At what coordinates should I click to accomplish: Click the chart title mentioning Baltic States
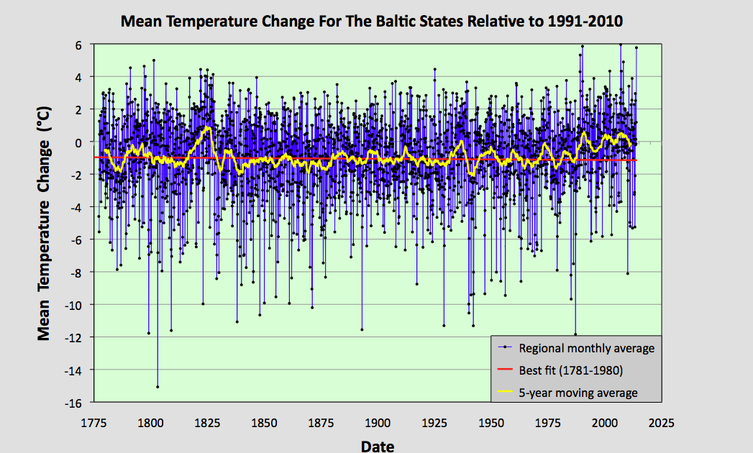click(x=371, y=21)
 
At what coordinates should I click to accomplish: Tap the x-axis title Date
click(x=378, y=446)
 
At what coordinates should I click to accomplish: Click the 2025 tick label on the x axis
click(x=661, y=422)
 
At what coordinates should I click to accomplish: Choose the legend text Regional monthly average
click(x=586, y=349)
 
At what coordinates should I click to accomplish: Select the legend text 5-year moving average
click(x=578, y=393)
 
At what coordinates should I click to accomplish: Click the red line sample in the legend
click(x=506, y=371)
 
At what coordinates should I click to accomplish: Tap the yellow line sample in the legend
click(x=506, y=393)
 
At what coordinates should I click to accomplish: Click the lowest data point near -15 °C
click(x=158, y=387)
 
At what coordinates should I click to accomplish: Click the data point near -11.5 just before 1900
click(x=362, y=329)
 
